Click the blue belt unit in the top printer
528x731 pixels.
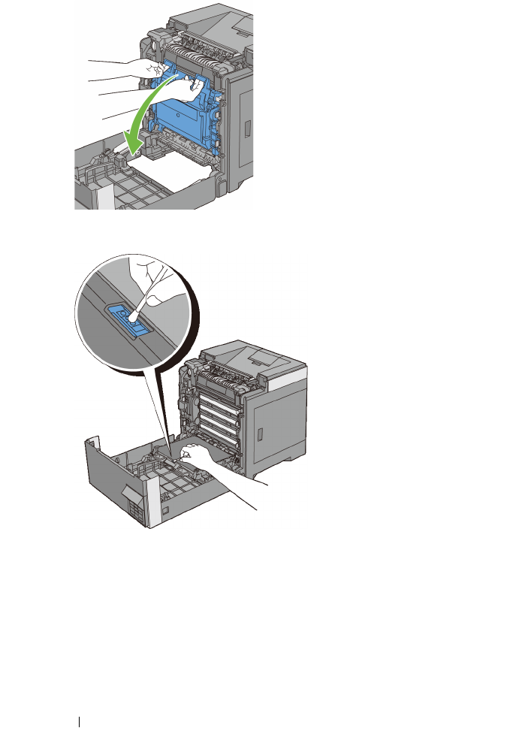click(180, 124)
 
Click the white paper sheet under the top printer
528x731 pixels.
click(184, 177)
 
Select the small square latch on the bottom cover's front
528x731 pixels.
click(164, 511)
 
